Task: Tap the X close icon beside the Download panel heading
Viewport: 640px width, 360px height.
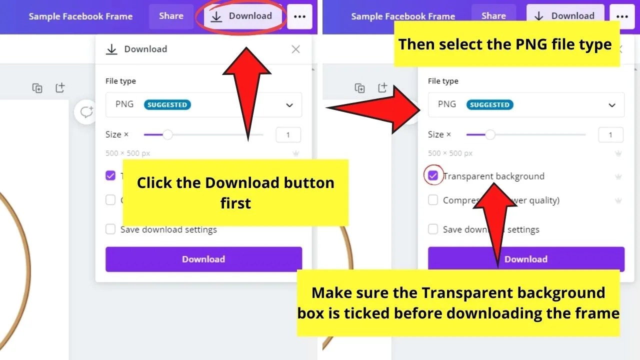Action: pos(295,49)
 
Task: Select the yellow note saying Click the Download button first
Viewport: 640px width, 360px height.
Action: pos(235,192)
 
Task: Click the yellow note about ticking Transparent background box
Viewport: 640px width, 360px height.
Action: pos(458,303)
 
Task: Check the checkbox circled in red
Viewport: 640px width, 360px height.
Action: pos(433,176)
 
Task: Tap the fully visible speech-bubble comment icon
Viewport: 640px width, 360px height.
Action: pos(86,112)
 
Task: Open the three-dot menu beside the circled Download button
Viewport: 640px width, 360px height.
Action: pos(299,16)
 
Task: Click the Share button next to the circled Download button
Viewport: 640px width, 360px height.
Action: pos(171,16)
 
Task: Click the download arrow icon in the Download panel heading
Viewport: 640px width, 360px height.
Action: pos(111,49)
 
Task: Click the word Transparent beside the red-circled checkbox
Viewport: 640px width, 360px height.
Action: pos(467,176)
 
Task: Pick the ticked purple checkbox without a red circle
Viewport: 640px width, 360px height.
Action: pos(110,175)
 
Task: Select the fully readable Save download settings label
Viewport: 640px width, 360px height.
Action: pos(168,229)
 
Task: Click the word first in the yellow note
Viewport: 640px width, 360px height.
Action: pos(235,203)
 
